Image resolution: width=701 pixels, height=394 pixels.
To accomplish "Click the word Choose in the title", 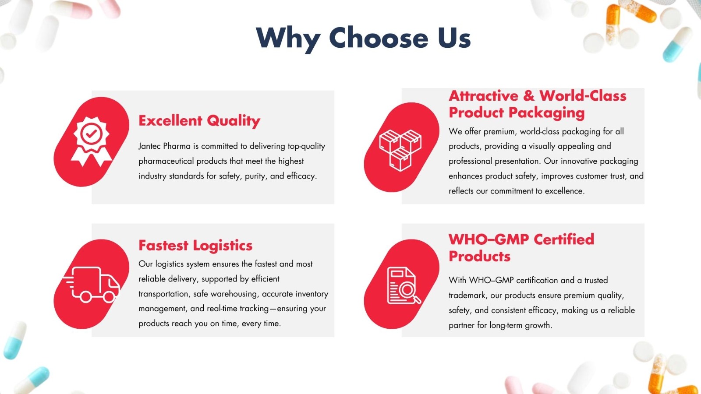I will pyautogui.click(x=379, y=38).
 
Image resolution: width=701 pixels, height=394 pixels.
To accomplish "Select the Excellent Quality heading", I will pyautogui.click(x=199, y=120).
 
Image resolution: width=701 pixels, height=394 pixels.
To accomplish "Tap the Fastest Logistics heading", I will pyautogui.click(x=195, y=245).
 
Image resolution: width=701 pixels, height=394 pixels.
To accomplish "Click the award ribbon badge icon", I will pyautogui.click(x=91, y=141).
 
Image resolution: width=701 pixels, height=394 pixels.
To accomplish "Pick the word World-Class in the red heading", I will pyautogui.click(x=583, y=95).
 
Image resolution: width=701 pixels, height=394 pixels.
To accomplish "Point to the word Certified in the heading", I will pyautogui.click(x=564, y=239).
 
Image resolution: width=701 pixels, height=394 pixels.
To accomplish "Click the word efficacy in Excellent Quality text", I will pyautogui.click(x=301, y=176).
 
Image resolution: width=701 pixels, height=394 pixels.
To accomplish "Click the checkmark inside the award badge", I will pyautogui.click(x=91, y=134).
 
